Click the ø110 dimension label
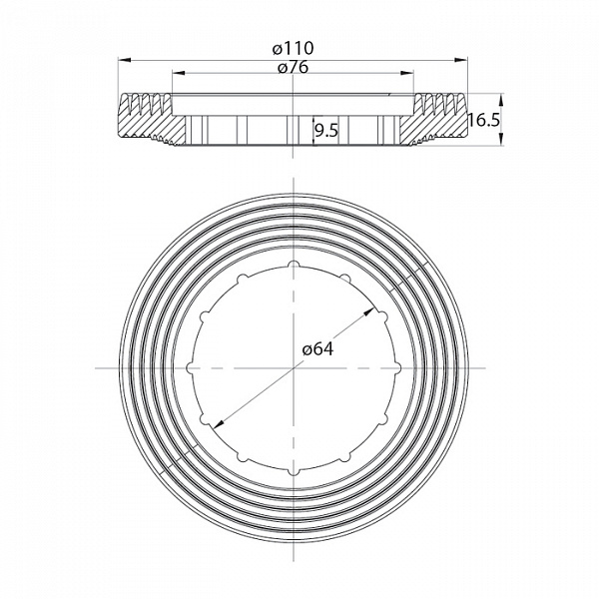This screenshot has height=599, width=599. point(294,47)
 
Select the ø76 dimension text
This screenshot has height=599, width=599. point(294,67)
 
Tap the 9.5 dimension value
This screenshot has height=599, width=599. point(326,129)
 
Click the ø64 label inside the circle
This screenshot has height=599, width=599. point(316,348)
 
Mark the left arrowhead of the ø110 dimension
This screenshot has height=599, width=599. point(125,58)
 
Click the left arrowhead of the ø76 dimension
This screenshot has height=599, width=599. point(178,72)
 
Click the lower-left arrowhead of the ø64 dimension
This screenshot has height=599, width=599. point(214,423)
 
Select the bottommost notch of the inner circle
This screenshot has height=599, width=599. point(295,471)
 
